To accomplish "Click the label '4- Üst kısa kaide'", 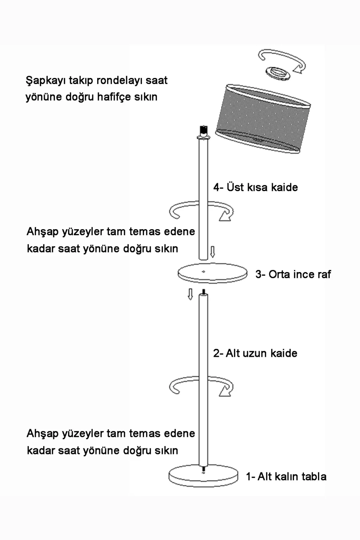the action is click(255, 187).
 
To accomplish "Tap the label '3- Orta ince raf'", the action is click(293, 274).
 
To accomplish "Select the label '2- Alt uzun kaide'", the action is click(255, 353).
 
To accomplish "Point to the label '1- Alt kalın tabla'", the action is click(286, 476).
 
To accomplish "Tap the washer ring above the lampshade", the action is click(278, 74).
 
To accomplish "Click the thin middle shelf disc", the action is click(212, 273).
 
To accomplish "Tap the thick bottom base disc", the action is click(203, 476).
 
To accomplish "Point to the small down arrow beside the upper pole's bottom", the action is click(212, 252).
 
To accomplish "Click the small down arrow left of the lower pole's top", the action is click(190, 294).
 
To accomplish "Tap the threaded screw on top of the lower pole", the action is click(204, 292).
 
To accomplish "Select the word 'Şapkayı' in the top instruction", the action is click(46, 81).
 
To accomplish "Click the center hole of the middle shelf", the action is click(204, 272).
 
